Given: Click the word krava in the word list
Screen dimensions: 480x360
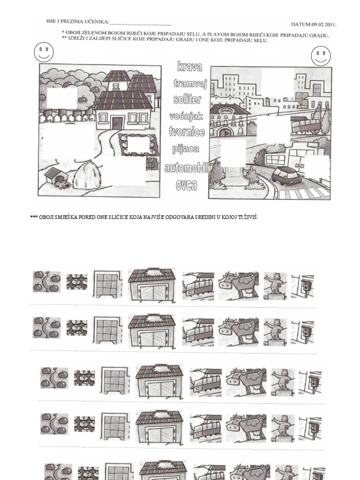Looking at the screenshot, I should (x=190, y=67).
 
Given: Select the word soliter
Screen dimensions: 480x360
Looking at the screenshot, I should (x=187, y=99).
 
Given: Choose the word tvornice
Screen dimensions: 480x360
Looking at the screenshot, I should (x=187, y=132).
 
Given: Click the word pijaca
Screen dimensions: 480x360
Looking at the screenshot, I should (x=186, y=149).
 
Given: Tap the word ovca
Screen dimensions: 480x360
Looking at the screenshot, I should (x=186, y=185).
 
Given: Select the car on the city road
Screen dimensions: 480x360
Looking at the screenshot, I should (x=286, y=176).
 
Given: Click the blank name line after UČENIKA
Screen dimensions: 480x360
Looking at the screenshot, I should (x=141, y=22).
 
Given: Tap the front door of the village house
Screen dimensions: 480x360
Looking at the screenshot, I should (x=117, y=123).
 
